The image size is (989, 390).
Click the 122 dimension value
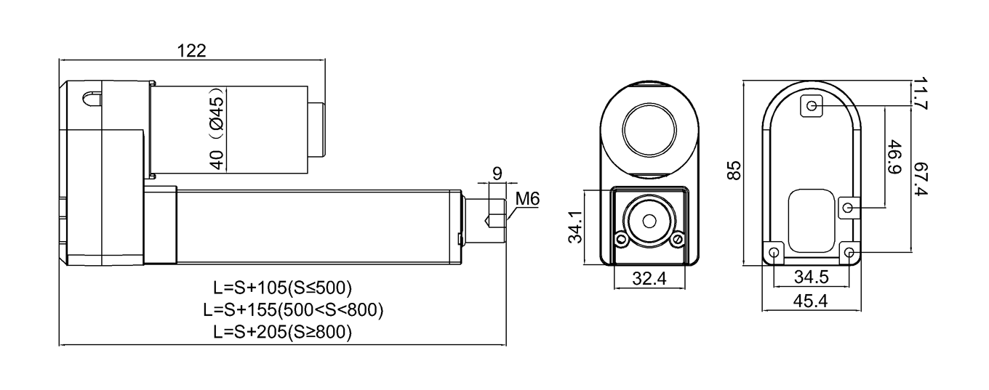pyautogui.click(x=192, y=50)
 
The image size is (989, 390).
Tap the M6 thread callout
pyautogui.click(x=527, y=198)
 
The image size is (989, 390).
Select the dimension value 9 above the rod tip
pyautogui.click(x=497, y=174)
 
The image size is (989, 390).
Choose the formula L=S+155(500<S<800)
pyautogui.click(x=294, y=309)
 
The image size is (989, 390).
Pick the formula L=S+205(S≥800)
pyautogui.click(x=283, y=333)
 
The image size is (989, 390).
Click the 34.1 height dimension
pyautogui.click(x=574, y=226)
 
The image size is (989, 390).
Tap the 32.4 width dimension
pyautogui.click(x=649, y=278)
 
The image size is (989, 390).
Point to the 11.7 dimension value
pyautogui.click(x=921, y=94)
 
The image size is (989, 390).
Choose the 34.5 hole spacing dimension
pyautogui.click(x=810, y=277)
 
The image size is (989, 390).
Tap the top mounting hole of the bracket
pyautogui.click(x=812, y=107)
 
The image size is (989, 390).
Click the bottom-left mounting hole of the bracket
pyautogui.click(x=773, y=253)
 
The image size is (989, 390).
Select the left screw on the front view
pyautogui.click(x=620, y=239)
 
